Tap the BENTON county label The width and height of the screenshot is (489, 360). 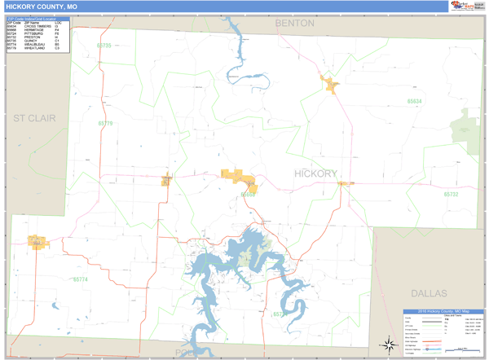294,24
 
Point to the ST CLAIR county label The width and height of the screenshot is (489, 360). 34,118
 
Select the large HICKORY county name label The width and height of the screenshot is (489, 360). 315,174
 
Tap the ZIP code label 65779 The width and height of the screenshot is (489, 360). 105,124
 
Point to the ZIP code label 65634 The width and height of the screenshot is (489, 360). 415,101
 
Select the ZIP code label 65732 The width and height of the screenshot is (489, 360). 452,195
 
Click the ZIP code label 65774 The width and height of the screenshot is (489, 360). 80,280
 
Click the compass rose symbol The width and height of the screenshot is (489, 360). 385,345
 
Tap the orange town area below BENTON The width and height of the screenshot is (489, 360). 330,84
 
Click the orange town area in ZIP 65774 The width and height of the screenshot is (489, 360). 37,242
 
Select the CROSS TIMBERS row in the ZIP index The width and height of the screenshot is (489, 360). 37,26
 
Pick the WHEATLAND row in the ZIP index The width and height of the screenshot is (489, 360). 37,49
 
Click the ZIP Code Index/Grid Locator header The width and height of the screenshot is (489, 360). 37,17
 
